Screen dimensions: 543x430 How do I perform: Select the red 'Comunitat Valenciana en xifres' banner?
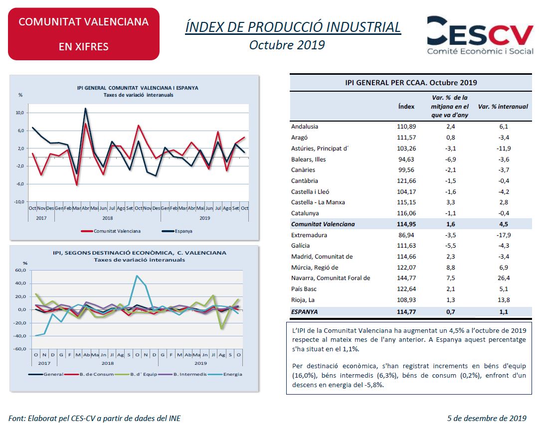tap(84, 34)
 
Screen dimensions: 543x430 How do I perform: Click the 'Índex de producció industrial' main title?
tap(293, 27)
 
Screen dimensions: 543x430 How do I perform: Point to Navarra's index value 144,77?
tap(406, 278)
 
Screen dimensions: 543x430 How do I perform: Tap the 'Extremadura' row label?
tap(309, 235)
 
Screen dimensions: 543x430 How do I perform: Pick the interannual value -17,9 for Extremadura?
tap(504, 235)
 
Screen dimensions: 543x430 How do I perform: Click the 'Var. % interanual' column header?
tap(503, 107)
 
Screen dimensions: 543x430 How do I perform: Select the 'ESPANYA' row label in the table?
tap(304, 312)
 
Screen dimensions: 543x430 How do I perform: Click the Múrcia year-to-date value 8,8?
tap(451, 268)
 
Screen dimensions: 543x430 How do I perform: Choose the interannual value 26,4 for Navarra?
tap(504, 278)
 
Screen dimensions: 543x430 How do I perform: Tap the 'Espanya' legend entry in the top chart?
tap(177, 231)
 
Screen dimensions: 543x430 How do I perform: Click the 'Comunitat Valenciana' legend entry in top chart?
tap(111, 231)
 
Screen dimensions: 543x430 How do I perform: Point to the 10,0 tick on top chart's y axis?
tap(19, 113)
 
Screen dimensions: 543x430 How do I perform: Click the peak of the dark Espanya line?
tap(86, 108)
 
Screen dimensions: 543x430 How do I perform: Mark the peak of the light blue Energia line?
tap(137, 276)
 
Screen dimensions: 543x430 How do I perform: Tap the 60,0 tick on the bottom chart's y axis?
tap(20, 270)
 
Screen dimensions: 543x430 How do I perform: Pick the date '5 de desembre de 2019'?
tap(487, 418)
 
